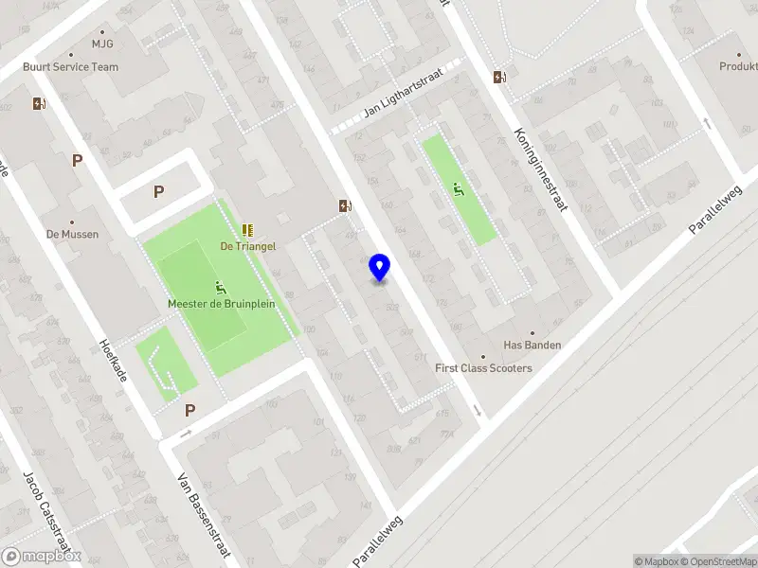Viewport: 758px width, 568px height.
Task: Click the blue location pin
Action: coord(380,268)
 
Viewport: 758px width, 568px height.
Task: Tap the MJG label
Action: coord(101,44)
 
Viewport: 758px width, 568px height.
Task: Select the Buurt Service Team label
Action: coord(72,67)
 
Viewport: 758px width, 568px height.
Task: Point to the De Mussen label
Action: coord(72,234)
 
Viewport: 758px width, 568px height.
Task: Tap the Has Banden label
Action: coord(532,346)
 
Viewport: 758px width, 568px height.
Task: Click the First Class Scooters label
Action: coord(483,368)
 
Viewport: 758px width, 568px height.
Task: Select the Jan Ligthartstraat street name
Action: coord(405,98)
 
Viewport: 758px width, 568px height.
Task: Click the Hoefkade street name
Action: coord(113,362)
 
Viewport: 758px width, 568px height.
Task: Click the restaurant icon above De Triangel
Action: coord(247,229)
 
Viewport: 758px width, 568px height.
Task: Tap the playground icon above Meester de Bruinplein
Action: coord(220,288)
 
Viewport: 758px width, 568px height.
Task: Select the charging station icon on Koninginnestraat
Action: coord(499,77)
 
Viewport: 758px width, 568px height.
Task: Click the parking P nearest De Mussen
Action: coord(77,160)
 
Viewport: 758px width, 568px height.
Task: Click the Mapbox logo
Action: coord(42,557)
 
